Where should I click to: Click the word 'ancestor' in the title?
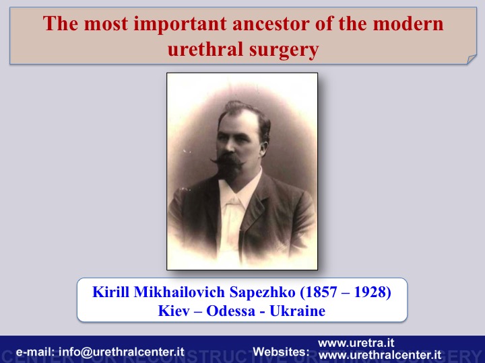pos(271,24)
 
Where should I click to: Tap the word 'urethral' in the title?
pos(205,49)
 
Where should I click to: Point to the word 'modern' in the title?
pos(408,24)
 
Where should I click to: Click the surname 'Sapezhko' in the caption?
pos(262,292)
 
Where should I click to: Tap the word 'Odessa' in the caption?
pos(231,311)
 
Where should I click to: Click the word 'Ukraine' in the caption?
pos(297,311)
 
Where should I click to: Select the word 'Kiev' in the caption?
pos(174,311)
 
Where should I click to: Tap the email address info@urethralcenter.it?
pos(121,352)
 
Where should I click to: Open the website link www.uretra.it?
pos(356,343)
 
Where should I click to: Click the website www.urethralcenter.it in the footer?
pos(380,355)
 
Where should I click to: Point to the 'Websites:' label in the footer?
pos(281,352)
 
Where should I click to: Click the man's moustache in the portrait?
pos(228,159)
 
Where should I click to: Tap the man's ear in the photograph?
pos(264,149)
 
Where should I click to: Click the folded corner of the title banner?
pos(472,59)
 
